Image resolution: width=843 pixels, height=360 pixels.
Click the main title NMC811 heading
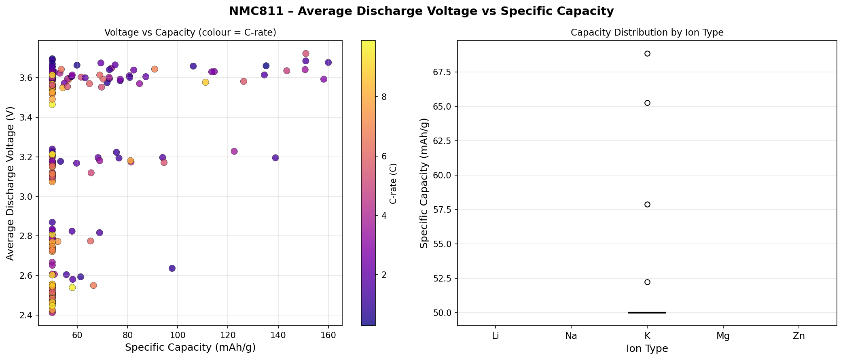click(421, 11)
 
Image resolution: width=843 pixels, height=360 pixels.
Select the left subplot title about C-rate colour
click(190, 33)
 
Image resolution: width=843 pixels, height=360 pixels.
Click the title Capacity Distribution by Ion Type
click(647, 33)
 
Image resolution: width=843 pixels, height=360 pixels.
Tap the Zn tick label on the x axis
click(799, 336)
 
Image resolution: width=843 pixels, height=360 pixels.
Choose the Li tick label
click(496, 336)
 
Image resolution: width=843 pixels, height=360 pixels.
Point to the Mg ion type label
click(723, 336)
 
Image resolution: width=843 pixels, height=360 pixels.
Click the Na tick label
click(571, 336)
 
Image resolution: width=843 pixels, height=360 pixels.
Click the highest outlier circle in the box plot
click(647, 53)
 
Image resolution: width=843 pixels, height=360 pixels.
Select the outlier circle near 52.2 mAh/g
click(647, 282)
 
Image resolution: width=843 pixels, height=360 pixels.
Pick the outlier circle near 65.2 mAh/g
click(647, 103)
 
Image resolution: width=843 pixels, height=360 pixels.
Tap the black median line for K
click(647, 312)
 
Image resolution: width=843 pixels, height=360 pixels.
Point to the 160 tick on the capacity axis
click(328, 335)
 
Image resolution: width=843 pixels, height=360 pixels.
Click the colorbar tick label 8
click(384, 97)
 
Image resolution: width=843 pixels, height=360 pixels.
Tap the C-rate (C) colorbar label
click(393, 183)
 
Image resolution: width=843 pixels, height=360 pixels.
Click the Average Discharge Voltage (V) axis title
click(10, 183)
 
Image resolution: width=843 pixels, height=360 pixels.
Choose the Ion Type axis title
click(647, 349)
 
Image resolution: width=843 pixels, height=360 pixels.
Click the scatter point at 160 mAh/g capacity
click(328, 62)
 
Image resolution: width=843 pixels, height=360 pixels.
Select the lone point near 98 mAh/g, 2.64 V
click(172, 268)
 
